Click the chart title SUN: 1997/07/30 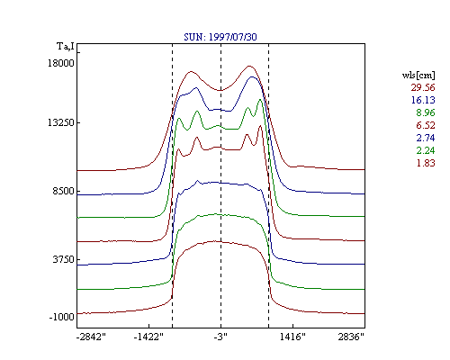[220, 37]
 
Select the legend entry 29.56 [423, 87]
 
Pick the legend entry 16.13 [423, 100]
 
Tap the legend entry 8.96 [426, 112]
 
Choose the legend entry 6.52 [426, 125]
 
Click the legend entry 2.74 [426, 138]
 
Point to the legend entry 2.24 [426, 150]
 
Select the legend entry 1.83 [426, 163]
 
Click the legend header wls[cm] [418, 76]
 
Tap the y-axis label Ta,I [66, 47]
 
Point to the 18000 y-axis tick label [61, 63]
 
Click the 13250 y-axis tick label [61, 122]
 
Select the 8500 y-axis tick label [63, 191]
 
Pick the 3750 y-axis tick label [63, 259]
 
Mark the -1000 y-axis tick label [61, 317]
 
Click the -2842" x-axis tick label [91, 337]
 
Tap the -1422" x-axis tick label [148, 337]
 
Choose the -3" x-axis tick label [220, 337]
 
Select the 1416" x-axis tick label [292, 337]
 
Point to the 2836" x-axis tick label [351, 337]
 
